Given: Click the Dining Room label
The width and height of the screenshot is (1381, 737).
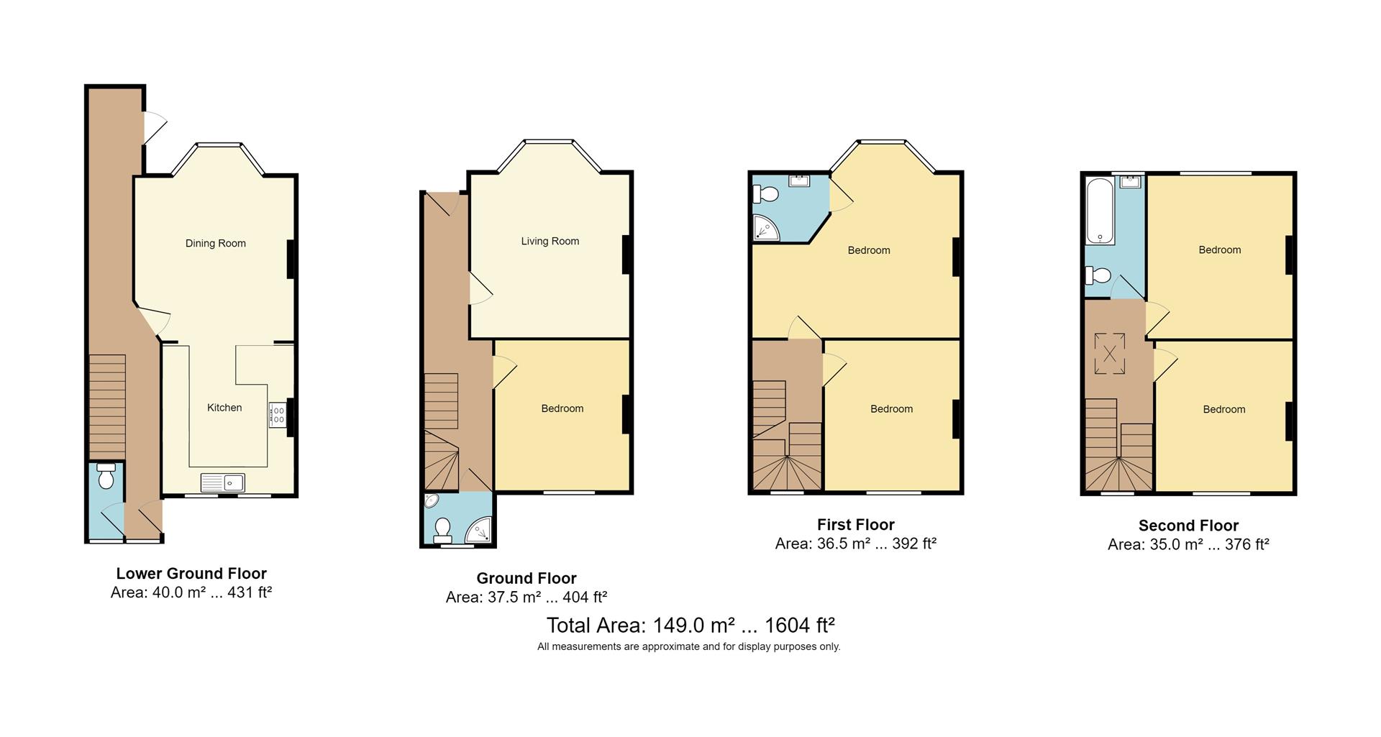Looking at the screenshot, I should tap(216, 243).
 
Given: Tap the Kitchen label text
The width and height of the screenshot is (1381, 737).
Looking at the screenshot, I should tap(224, 408).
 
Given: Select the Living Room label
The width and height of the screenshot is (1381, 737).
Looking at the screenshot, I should tap(550, 241).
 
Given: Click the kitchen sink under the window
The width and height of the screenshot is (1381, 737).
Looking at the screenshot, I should tap(222, 482).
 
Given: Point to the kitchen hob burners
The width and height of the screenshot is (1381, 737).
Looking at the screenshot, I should tap(278, 415).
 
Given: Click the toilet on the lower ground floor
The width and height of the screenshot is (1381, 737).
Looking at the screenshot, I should tap(106, 476).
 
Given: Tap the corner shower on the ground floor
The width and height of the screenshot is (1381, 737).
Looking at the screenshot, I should tap(480, 531).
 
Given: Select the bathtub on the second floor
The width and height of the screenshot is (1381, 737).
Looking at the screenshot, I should tap(1100, 211).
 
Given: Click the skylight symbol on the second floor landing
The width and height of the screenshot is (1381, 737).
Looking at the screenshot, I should tap(1110, 354).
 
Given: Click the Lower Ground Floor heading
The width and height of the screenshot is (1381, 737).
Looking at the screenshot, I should tap(191, 574).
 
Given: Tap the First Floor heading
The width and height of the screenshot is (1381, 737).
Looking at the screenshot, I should tap(856, 525).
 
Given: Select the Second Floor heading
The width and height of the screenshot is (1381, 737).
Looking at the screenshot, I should tap(1188, 526).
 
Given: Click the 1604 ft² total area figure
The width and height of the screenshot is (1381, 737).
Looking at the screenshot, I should tap(799, 625).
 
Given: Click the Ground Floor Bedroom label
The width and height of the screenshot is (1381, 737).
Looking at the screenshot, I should tap(562, 408).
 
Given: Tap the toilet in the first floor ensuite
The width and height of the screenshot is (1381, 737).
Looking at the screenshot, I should tap(765, 194).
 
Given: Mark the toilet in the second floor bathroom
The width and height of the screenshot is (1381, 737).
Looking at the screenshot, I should tap(1099, 275).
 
